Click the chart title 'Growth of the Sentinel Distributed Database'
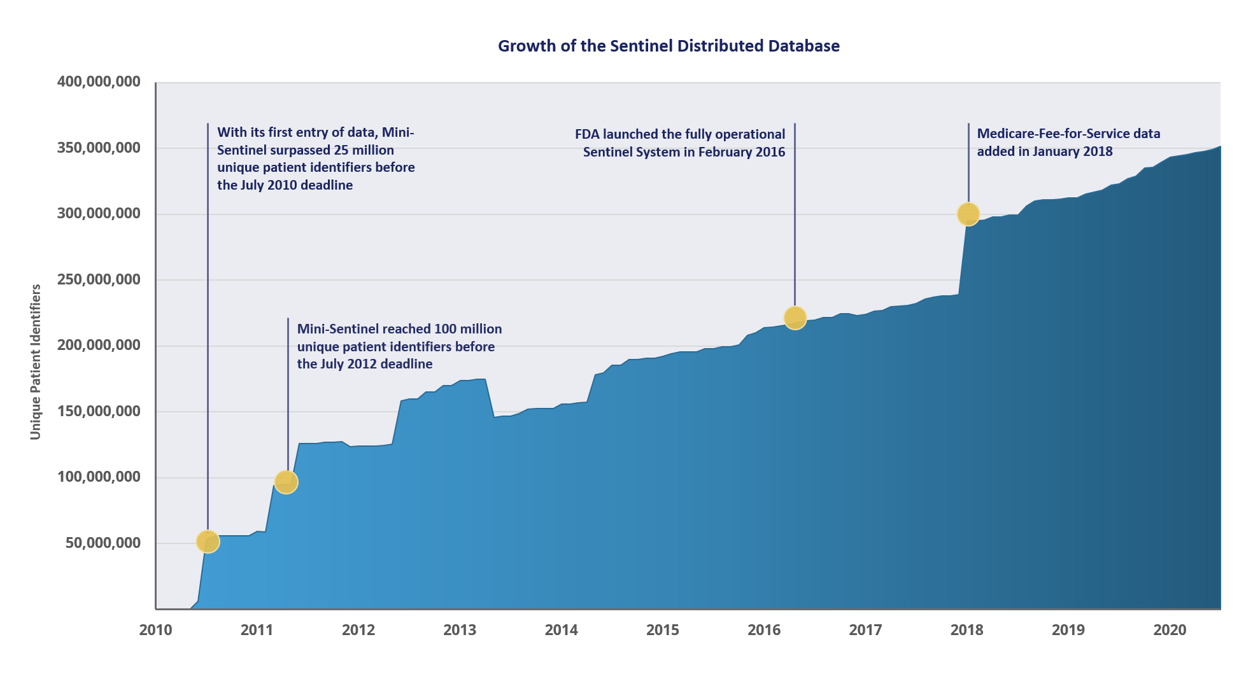point(669,46)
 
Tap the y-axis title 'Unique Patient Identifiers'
point(36,361)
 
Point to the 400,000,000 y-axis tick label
point(99,82)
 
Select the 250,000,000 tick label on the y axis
point(99,279)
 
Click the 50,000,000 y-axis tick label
point(103,543)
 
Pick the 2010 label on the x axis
point(155,630)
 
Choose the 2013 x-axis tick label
point(460,630)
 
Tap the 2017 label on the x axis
point(865,630)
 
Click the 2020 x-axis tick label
point(1170,630)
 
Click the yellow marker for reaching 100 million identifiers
point(287,482)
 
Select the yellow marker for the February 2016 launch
point(795,318)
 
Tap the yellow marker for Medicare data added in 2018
point(968,214)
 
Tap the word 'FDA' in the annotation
point(587,134)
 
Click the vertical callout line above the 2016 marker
point(795,216)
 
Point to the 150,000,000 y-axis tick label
point(99,411)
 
